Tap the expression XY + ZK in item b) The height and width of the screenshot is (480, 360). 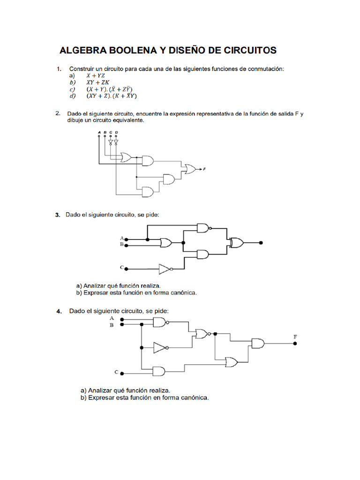[97, 82]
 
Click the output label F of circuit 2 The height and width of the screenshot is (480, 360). [205, 168]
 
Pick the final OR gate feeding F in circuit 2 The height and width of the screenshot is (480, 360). [190, 168]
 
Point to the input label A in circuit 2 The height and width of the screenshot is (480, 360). [99, 132]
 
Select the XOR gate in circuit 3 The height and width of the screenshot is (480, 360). [236, 242]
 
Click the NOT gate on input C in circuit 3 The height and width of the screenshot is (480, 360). [165, 269]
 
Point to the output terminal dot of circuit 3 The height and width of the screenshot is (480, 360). [261, 243]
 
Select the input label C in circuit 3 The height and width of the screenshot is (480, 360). [121, 268]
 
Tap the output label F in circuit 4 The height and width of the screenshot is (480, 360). [295, 337]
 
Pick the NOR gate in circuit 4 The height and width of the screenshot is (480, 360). [202, 334]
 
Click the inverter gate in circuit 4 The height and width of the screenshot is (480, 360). [160, 348]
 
